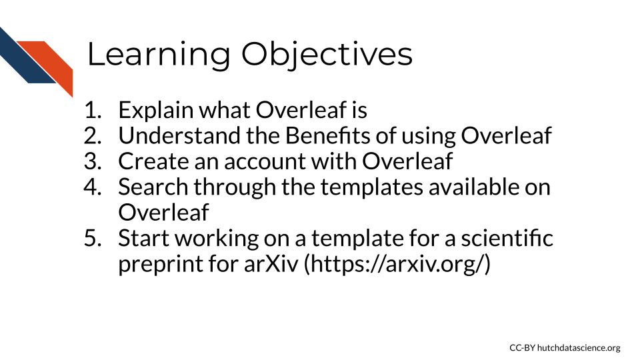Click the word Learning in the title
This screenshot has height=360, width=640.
159,54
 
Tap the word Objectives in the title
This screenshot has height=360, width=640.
327,54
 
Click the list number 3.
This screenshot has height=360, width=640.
93,161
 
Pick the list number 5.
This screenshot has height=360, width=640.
93,238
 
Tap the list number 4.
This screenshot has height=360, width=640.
93,187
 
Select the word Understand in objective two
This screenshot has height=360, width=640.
179,135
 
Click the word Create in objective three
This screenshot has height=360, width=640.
153,161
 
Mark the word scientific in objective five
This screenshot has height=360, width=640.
507,238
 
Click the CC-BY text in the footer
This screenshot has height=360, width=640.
522,348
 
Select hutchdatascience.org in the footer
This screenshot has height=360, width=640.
579,348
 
